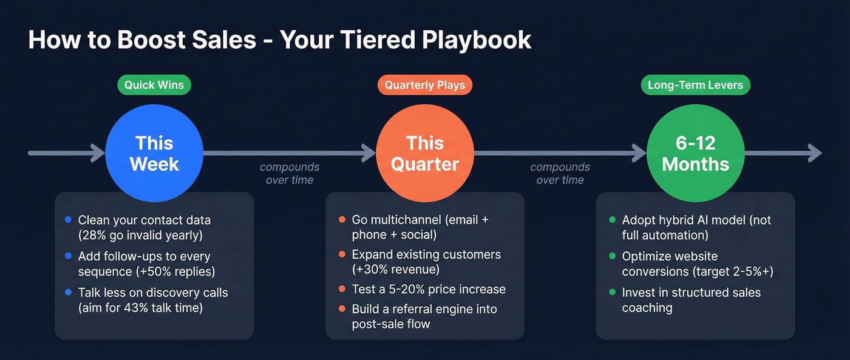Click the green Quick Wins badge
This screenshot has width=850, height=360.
154,85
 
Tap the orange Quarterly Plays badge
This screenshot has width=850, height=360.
424,85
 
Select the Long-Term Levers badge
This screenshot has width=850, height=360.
695,85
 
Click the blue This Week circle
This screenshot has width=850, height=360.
154,153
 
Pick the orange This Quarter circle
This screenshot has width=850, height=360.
424,153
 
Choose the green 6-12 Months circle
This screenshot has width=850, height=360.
695,153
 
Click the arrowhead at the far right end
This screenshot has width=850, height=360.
815,153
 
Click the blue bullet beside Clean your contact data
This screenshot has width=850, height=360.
67,220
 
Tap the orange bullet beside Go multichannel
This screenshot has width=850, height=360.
342,220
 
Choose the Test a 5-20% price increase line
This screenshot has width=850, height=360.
429,289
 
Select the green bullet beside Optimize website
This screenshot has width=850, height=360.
612,256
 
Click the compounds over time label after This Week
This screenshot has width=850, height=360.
290,173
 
